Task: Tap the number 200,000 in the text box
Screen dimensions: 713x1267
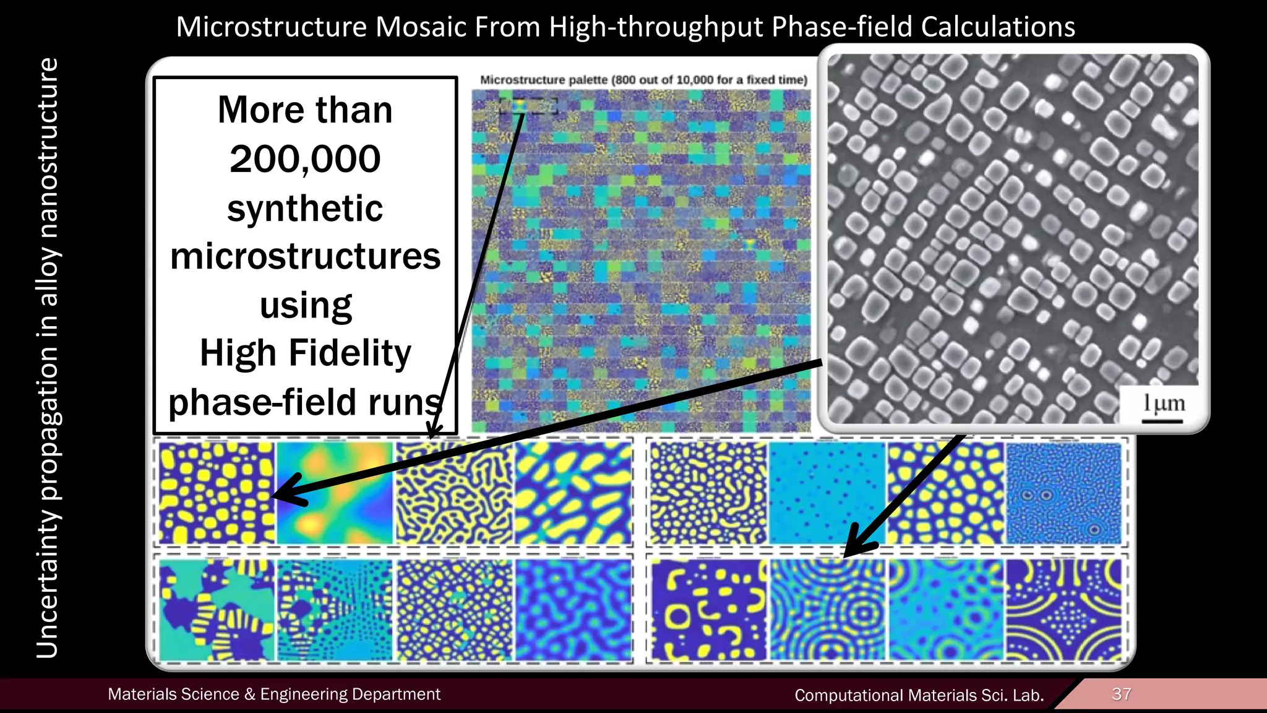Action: click(305, 159)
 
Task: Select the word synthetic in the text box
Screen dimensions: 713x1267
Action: click(305, 208)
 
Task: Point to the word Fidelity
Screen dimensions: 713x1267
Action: click(350, 353)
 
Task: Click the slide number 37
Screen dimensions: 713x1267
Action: click(1121, 694)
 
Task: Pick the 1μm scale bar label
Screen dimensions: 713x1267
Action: click(1164, 404)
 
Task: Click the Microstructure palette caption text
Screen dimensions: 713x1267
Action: click(643, 80)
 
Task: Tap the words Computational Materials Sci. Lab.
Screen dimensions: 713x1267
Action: click(919, 695)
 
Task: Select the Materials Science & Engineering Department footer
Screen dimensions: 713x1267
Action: click(274, 694)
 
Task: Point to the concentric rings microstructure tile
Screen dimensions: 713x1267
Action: click(828, 610)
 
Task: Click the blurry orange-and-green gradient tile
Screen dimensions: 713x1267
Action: click(335, 493)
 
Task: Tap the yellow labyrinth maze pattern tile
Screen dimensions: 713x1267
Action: click(454, 493)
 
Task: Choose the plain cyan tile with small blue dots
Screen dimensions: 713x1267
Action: click(826, 493)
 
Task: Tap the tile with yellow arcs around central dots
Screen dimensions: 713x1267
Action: click(1064, 610)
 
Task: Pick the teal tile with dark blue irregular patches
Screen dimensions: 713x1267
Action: click(216, 610)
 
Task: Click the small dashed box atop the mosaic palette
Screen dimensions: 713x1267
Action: click(528, 106)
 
